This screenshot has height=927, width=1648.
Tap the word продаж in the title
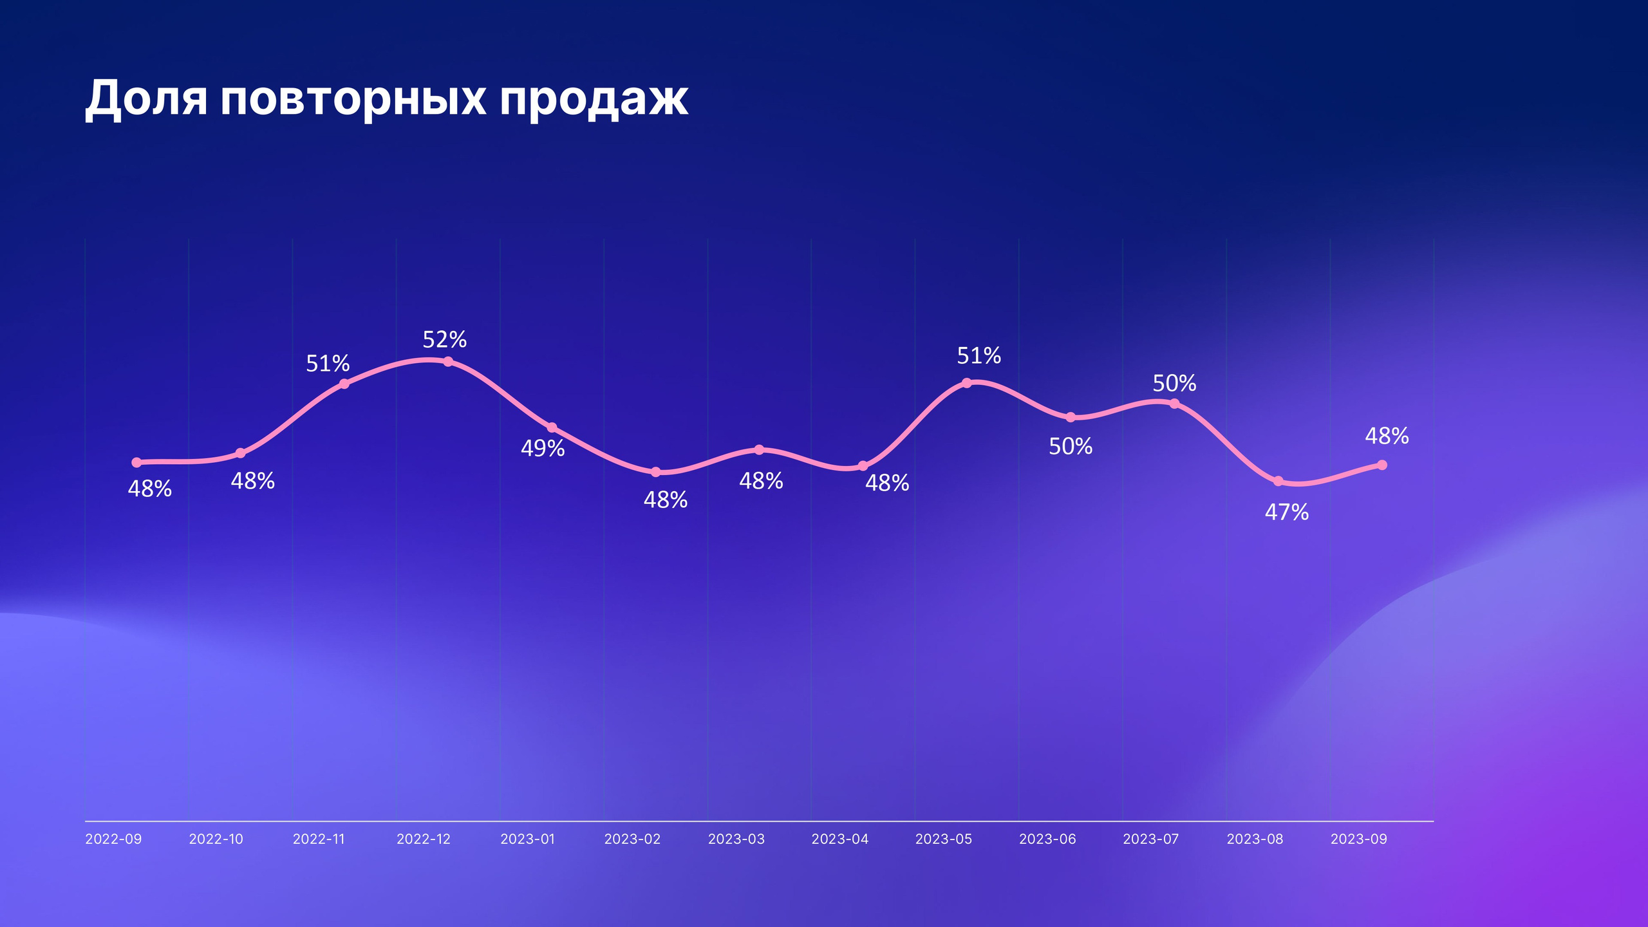coord(593,100)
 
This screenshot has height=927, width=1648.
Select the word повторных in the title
coord(353,100)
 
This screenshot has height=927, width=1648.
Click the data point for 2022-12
coord(448,361)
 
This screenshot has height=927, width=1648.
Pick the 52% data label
coord(444,339)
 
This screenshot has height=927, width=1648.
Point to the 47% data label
coord(1286,512)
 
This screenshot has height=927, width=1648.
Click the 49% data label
coord(543,448)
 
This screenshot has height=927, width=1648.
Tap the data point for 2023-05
coord(966,383)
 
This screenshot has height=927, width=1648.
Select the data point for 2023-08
coord(1278,481)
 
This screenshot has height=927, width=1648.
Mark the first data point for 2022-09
coord(136,462)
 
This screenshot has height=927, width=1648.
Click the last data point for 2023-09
coord(1381,465)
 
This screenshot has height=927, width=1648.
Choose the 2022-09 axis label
coord(113,839)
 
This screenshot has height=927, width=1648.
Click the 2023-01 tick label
coord(527,839)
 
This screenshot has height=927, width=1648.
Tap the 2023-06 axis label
coord(1047,839)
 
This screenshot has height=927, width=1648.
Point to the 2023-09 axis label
coord(1359,839)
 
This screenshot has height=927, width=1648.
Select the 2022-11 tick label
coord(319,839)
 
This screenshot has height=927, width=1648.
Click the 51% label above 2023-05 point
coord(979,355)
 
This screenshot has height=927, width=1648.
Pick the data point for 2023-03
coord(759,449)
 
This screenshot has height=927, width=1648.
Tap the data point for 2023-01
coord(552,427)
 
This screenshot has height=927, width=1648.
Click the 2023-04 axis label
coord(839,839)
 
